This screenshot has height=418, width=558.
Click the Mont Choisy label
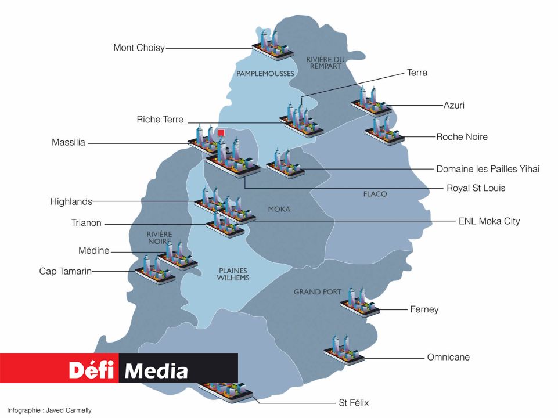pos(139,48)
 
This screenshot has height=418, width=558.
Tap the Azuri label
pos(453,106)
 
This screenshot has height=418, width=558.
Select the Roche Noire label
pos(462,137)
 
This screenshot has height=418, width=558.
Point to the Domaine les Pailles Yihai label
pos(488,169)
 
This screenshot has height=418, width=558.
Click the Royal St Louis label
pos(476,188)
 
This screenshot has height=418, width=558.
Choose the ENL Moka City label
pos(489,221)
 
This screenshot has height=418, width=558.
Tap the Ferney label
pos(424,309)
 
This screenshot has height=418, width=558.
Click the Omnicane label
pos(448,357)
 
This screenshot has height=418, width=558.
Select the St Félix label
pos(353,402)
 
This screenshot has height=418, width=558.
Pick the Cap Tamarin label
pos(65,271)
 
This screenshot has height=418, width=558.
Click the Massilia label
pos(68,142)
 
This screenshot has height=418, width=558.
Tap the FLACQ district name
pos(375,193)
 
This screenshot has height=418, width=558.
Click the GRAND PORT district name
pos(317,291)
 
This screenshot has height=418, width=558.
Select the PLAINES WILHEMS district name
pos(233,274)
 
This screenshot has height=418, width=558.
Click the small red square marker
pos(221,133)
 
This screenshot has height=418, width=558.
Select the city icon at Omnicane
pos(344,349)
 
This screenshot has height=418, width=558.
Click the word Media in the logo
pos(157,370)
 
